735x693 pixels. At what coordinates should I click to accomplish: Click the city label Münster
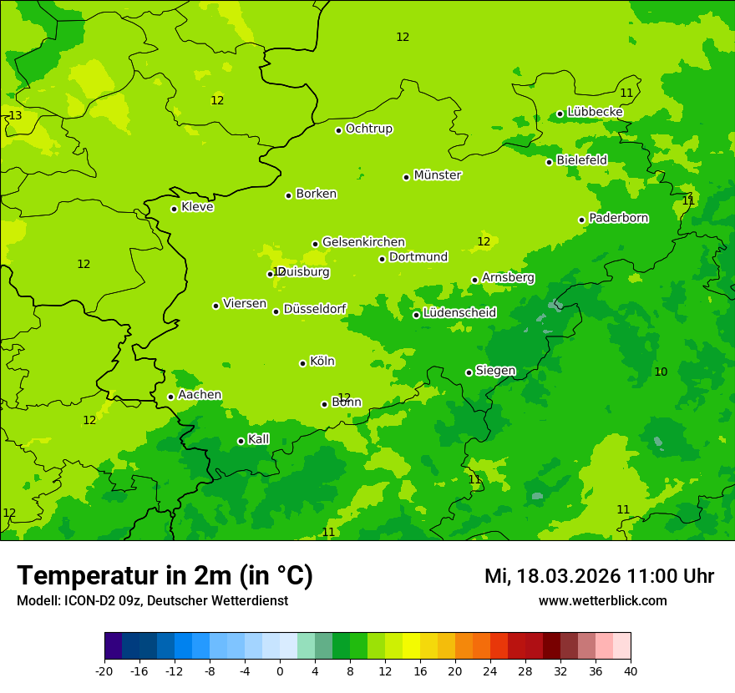[438, 175]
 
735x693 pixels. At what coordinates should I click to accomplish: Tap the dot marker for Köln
[302, 363]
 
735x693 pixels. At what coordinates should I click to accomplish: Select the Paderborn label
[619, 218]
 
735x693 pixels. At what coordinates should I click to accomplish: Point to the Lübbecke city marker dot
[560, 114]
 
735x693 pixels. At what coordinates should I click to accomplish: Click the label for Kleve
[197, 207]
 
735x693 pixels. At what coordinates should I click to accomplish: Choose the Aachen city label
[200, 395]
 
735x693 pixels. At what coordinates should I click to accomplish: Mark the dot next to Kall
[241, 441]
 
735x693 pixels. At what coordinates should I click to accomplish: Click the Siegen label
[495, 371]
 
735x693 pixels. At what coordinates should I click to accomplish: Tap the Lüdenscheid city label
[459, 313]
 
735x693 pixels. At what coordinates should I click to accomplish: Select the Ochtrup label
[369, 129]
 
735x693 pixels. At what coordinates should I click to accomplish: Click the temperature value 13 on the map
[15, 115]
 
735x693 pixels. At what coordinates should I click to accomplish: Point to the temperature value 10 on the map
[661, 372]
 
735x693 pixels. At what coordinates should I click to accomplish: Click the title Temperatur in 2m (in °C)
[165, 576]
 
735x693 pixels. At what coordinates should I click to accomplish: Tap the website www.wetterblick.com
[602, 600]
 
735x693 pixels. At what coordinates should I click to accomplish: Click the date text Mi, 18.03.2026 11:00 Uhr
[599, 576]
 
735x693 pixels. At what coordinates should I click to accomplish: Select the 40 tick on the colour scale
[631, 670]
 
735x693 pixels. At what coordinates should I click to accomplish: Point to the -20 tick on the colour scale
[104, 670]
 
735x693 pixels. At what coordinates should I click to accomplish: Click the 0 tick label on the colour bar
[280, 670]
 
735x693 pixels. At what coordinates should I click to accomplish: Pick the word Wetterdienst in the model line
[250, 600]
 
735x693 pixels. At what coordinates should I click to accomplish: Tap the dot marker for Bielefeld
[549, 162]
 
